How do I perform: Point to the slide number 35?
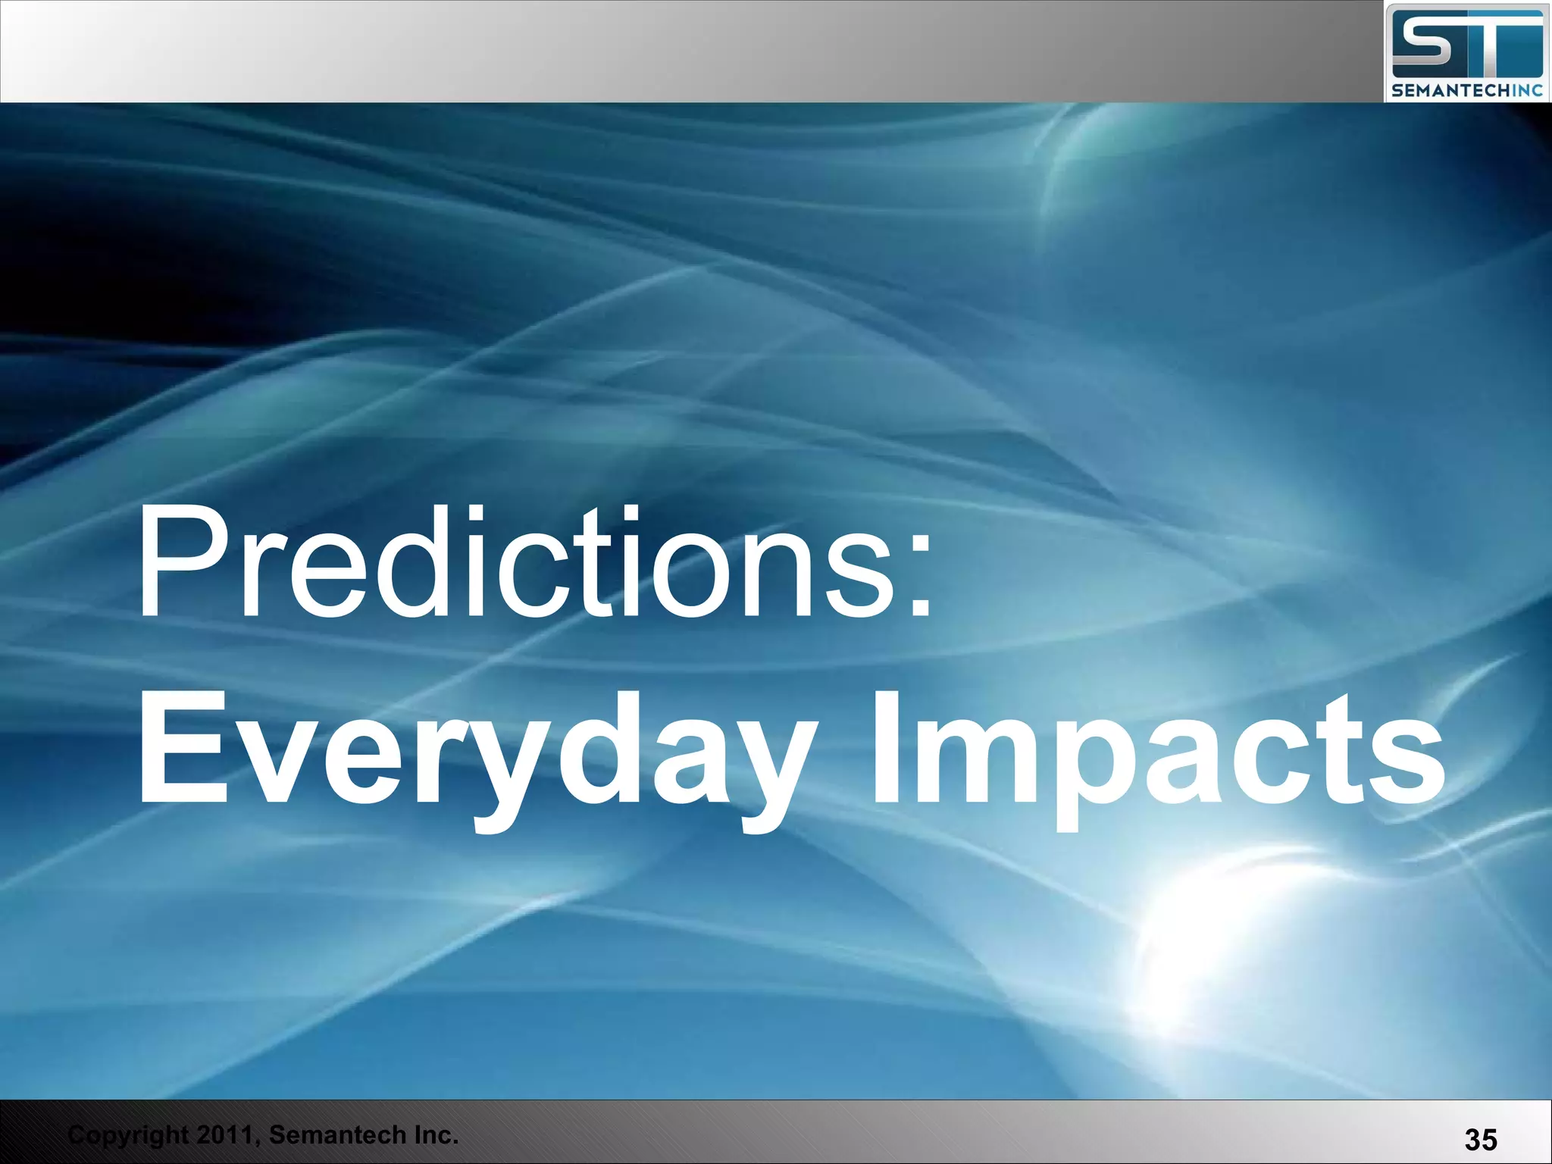coord(1480,1139)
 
